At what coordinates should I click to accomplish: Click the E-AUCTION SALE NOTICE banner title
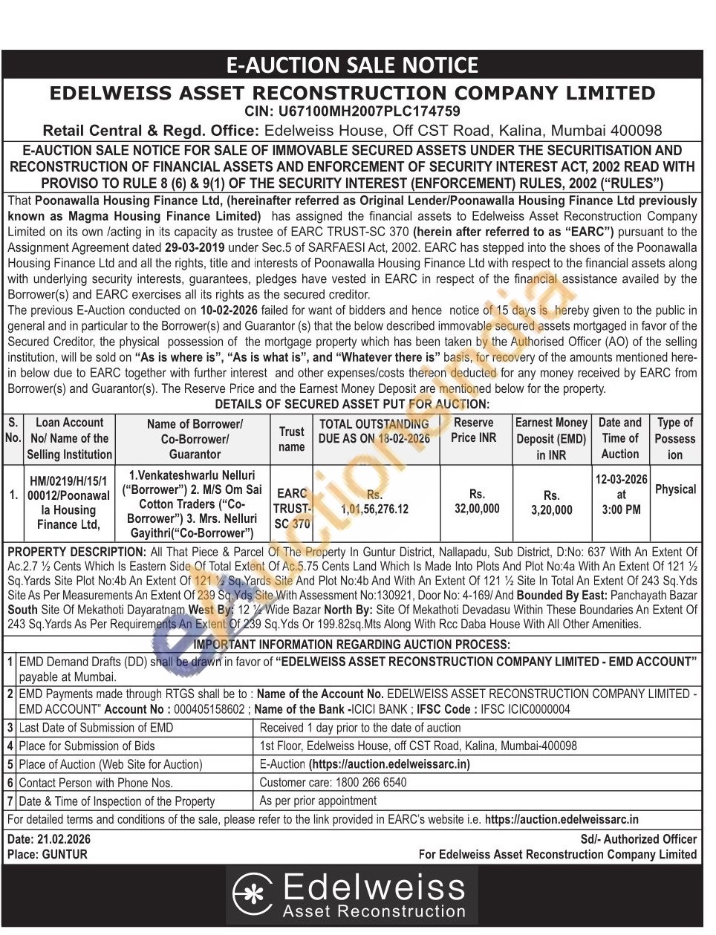pyautogui.click(x=353, y=65)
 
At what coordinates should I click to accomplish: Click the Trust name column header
pyautogui.click(x=291, y=438)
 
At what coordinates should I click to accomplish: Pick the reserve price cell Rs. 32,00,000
pyautogui.click(x=477, y=501)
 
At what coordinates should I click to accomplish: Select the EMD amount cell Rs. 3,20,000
pyautogui.click(x=551, y=503)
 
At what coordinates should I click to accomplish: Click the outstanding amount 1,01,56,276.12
pyautogui.click(x=374, y=509)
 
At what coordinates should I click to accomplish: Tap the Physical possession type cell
pyautogui.click(x=675, y=489)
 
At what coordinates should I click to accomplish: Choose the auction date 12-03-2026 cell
pyautogui.click(x=621, y=479)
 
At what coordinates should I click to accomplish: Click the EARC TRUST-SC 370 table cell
pyautogui.click(x=291, y=508)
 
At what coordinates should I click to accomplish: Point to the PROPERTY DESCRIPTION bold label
pyautogui.click(x=77, y=552)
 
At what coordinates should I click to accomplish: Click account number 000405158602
pyautogui.click(x=208, y=708)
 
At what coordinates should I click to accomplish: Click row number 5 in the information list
pyautogui.click(x=10, y=764)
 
